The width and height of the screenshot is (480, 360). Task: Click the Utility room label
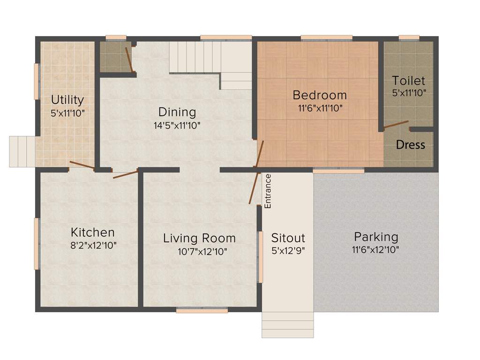tap(67, 100)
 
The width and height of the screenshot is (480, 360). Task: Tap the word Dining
tap(177, 112)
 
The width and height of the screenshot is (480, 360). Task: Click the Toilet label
tap(409, 80)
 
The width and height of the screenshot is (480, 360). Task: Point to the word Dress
tap(411, 145)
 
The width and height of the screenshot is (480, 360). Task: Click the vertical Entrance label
tap(268, 191)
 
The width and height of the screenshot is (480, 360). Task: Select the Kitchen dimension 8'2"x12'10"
tap(93, 245)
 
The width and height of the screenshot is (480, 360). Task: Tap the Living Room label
tap(199, 238)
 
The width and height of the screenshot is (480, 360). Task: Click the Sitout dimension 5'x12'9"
tap(288, 250)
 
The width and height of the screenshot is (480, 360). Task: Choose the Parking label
tap(376, 237)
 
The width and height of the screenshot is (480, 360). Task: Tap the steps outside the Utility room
tap(22, 151)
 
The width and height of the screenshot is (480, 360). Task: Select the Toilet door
tap(396, 125)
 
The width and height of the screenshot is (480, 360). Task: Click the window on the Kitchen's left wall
tap(37, 244)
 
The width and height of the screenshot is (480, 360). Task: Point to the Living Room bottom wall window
tap(202, 310)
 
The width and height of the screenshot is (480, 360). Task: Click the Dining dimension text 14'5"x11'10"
tap(177, 125)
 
